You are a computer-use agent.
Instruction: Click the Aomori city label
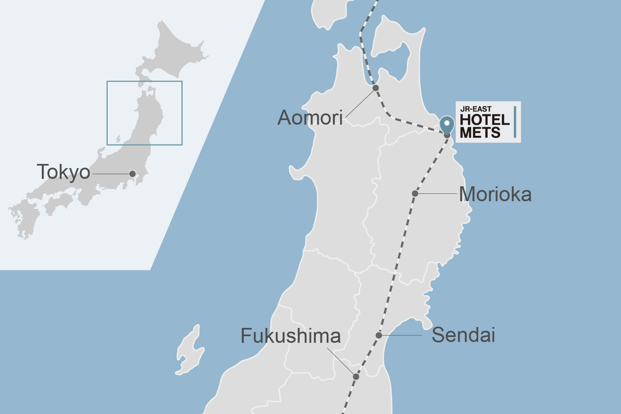coord(310,118)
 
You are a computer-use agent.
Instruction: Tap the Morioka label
coord(495,194)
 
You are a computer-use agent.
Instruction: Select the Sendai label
coord(463,335)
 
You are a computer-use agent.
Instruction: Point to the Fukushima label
coord(291,336)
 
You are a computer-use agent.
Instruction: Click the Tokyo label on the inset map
coord(63,172)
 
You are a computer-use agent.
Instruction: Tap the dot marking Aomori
coord(375,88)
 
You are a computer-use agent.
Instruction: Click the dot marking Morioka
coord(415,193)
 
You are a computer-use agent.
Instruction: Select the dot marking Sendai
coord(379,335)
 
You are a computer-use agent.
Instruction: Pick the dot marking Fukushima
coord(356,376)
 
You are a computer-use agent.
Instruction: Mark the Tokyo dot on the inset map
coord(132,173)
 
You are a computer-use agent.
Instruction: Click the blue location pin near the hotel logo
coord(447,124)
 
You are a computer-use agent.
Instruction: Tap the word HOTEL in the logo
coord(484,120)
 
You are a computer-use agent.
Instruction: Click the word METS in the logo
coord(480,132)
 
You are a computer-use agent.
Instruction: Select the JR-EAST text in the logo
coord(476,109)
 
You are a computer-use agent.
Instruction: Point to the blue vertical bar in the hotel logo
coord(515,122)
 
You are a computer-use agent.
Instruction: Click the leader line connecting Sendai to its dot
coord(402,335)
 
